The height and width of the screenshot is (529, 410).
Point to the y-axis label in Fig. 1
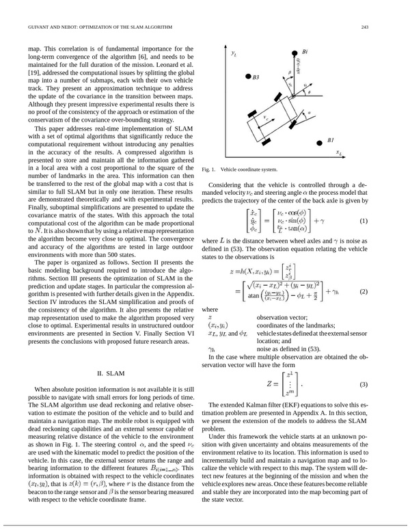point(233,52)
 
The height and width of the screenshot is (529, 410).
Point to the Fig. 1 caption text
point(240,169)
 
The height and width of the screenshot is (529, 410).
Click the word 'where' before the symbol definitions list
point(211,308)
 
